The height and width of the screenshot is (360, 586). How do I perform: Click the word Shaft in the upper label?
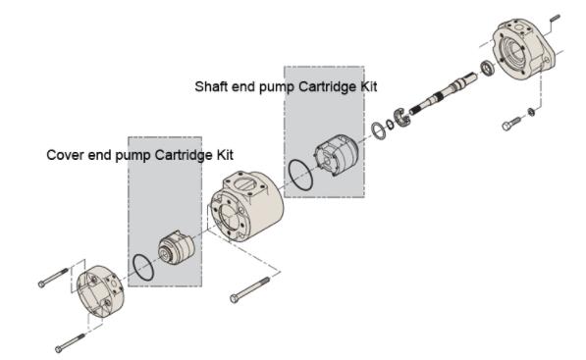(211, 86)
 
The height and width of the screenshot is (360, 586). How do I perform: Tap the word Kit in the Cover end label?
(225, 155)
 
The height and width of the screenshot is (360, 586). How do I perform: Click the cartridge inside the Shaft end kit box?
(337, 154)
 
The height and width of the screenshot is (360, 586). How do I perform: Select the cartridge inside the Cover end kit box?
(176, 247)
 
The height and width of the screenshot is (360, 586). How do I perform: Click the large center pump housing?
(246, 205)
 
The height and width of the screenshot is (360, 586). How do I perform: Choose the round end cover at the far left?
(101, 291)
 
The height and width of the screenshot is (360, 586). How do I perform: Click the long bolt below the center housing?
(250, 289)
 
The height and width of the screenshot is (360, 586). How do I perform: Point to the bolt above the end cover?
(53, 278)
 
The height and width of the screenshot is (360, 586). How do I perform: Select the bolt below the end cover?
(70, 343)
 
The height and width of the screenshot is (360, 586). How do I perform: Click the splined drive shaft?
(444, 93)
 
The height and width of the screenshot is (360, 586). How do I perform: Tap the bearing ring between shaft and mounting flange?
(487, 69)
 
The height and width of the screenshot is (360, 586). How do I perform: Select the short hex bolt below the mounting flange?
(511, 124)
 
